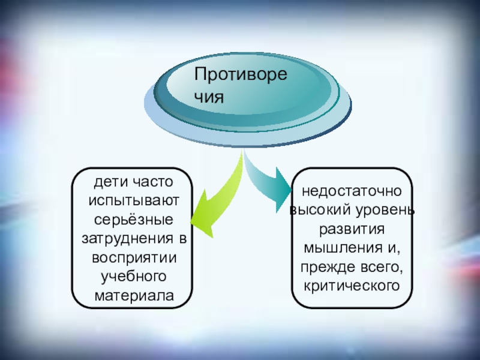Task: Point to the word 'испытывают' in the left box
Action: tap(133, 199)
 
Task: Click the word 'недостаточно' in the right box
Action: tap(352, 193)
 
